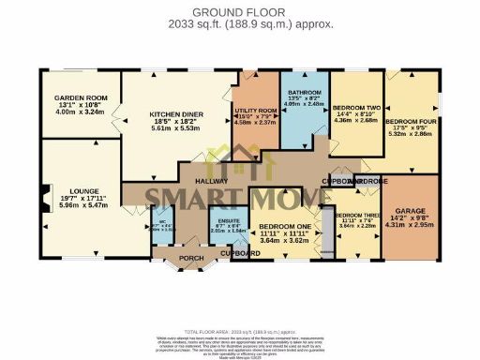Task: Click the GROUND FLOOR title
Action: pos(239,11)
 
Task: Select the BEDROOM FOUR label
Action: pos(411,122)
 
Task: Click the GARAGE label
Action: pos(411,211)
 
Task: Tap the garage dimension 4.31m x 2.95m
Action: pos(411,225)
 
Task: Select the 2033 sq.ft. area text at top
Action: pos(239,25)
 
